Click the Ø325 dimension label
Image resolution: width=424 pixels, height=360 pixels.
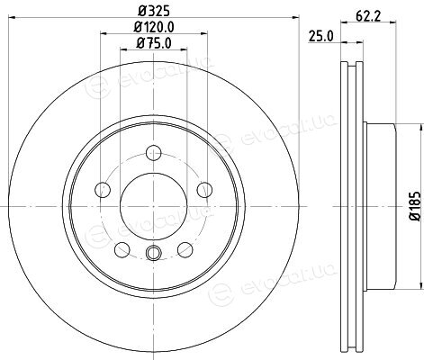tap(154, 11)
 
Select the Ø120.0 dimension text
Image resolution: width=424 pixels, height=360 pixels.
tap(154, 27)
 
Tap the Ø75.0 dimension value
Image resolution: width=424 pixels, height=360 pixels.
tap(154, 43)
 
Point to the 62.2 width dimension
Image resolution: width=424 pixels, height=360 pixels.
tap(368, 15)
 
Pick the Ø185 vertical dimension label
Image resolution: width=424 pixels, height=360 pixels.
tap(416, 206)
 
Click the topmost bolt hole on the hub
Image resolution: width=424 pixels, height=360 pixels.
tap(154, 153)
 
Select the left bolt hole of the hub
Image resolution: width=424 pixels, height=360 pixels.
tap(103, 190)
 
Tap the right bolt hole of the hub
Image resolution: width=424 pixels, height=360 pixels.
tap(204, 190)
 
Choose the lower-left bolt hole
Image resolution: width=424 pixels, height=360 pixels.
tap(122, 249)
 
